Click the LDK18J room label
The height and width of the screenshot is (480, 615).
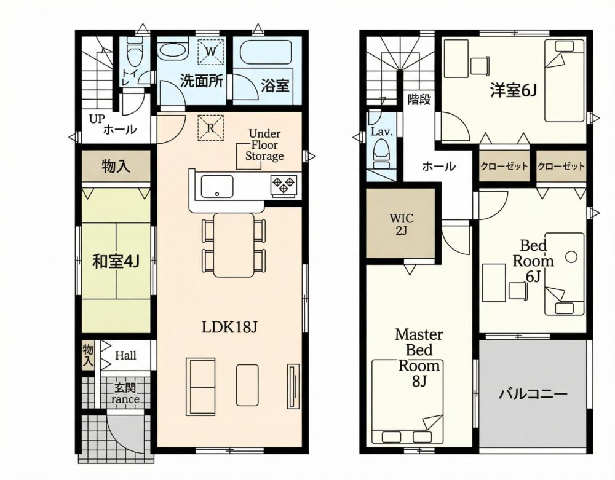tap(229, 327)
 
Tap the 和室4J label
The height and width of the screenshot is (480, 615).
tap(116, 261)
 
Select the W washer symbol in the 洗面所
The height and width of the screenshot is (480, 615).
tap(210, 52)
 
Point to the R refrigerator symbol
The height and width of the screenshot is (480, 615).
tap(210, 127)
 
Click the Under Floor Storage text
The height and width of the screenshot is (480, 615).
tap(264, 145)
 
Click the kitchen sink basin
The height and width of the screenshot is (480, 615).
tap(217, 186)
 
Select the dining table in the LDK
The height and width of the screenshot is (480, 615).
tap(234, 245)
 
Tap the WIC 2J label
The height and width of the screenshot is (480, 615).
tap(401, 224)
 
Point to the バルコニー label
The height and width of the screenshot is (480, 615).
tap(533, 393)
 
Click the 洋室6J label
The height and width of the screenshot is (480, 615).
tap(513, 91)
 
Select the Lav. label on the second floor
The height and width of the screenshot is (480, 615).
tap(381, 132)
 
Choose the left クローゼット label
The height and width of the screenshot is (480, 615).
tap(504, 167)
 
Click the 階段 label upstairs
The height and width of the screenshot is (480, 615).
tap(419, 100)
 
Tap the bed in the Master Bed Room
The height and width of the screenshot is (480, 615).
tap(408, 403)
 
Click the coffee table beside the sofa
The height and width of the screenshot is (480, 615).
tap(247, 385)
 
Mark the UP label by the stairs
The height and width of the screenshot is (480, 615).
tap(96, 119)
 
